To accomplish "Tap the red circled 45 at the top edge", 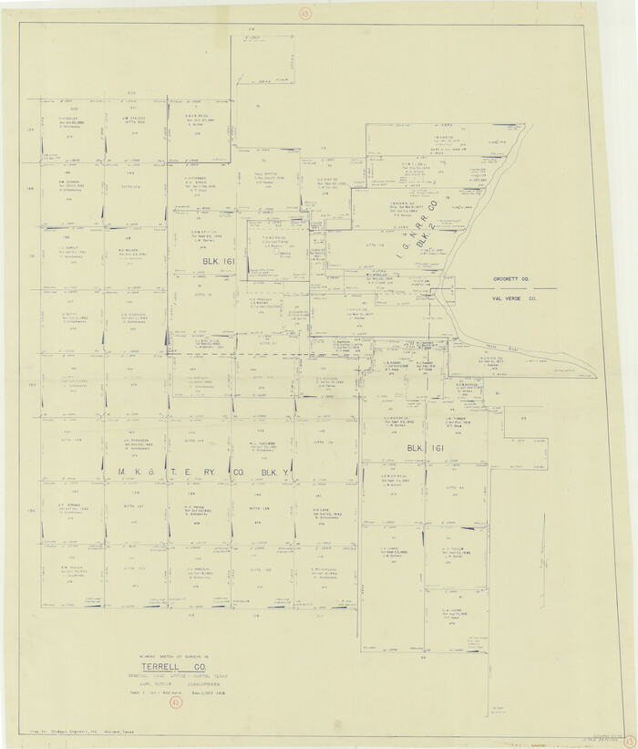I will pos(304,12).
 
